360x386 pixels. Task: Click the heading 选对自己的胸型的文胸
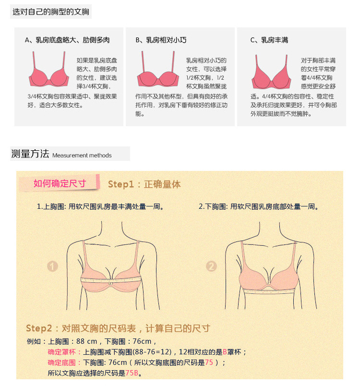point(51,12)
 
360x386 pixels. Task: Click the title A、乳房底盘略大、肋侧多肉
point(67,40)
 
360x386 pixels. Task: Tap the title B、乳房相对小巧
point(161,40)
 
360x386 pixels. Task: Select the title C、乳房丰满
point(269,40)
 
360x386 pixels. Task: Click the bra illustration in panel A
point(49,70)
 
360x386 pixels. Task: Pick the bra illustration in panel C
point(271,72)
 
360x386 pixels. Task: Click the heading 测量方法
point(30,154)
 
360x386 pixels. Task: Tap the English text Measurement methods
point(82,156)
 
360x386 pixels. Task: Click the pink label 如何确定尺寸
point(60,183)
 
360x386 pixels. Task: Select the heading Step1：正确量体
point(144,184)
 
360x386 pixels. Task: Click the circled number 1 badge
point(52,266)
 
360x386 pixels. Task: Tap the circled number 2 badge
point(211,266)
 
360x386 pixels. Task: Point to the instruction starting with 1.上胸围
point(100,206)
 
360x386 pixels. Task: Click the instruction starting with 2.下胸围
point(259,206)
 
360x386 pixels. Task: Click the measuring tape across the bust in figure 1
point(111,280)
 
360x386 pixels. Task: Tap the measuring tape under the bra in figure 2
point(269,291)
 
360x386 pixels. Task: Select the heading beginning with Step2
point(118,328)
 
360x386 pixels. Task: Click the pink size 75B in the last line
point(132,373)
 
